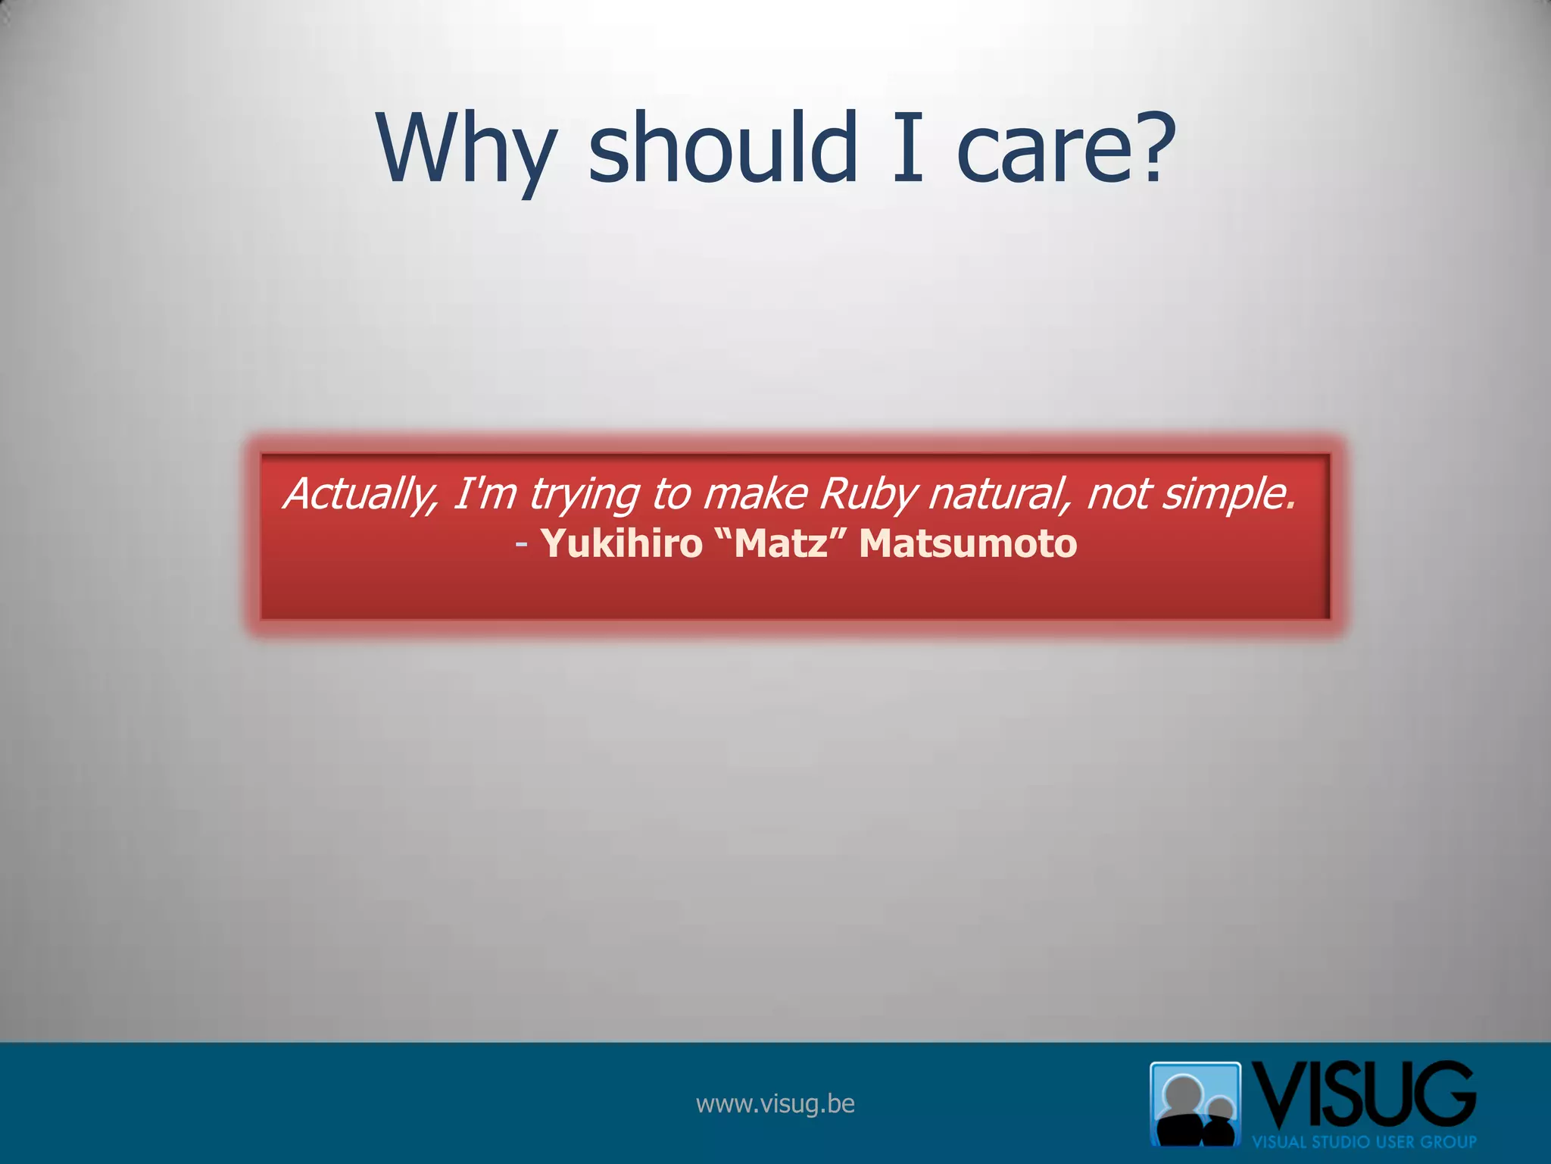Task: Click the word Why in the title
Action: tap(465, 149)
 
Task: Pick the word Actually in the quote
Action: tap(360, 494)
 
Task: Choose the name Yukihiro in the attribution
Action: tap(622, 543)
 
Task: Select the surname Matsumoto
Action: tap(968, 543)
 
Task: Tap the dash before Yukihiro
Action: tap(521, 544)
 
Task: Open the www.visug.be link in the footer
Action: tap(775, 1103)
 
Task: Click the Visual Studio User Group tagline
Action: tap(1364, 1141)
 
